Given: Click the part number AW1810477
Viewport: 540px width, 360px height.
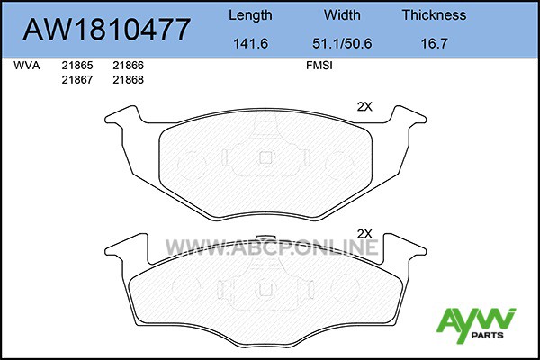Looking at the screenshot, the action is [107, 29].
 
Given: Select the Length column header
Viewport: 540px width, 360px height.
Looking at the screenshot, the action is [250, 16].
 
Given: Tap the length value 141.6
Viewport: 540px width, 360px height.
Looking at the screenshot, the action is [250, 43].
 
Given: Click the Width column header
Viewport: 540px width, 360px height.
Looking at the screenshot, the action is [342, 14].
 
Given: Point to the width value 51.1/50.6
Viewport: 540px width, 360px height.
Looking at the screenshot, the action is [342, 43].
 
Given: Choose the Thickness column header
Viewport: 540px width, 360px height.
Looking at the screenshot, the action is [435, 14].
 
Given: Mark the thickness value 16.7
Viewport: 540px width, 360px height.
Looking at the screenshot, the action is [435, 43].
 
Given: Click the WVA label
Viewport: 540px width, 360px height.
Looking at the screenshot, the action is [26, 66].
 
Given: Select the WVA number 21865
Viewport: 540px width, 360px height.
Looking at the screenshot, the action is [77, 66].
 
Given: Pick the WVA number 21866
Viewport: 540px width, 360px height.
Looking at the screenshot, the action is [128, 66].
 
